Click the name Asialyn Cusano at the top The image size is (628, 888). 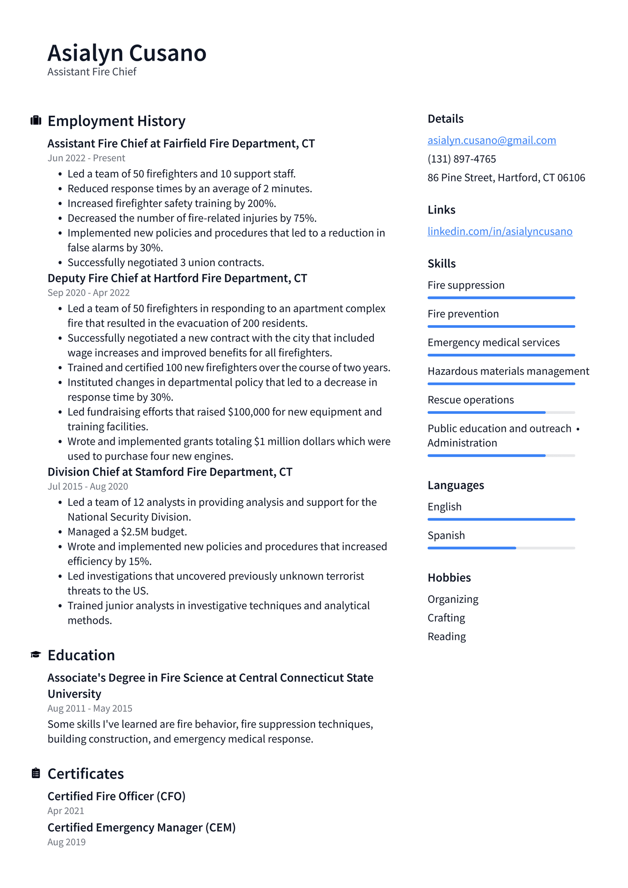[x=127, y=53]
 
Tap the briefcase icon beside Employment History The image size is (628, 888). [x=36, y=121]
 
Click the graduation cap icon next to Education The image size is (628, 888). [x=36, y=655]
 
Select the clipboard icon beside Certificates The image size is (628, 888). [x=36, y=773]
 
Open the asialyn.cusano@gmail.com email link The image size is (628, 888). [x=491, y=140]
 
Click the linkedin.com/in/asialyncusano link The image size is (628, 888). [x=500, y=231]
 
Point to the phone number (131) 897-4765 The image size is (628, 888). [x=462, y=159]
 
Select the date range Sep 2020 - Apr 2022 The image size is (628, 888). [x=89, y=293]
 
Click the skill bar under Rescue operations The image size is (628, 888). [x=501, y=412]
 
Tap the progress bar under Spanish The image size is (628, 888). [x=501, y=548]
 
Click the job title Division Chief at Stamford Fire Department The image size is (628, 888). [x=170, y=472]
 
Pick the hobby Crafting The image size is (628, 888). [x=446, y=618]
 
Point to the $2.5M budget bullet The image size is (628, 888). [x=127, y=532]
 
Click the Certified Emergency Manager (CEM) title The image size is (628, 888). [x=142, y=828]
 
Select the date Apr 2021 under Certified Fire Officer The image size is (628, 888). [x=66, y=811]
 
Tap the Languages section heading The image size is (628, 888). [x=456, y=486]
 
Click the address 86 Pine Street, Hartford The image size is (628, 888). [x=506, y=178]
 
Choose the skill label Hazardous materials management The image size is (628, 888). [x=508, y=372]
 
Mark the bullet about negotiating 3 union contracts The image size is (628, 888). [x=166, y=263]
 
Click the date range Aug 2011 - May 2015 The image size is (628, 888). [x=90, y=709]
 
